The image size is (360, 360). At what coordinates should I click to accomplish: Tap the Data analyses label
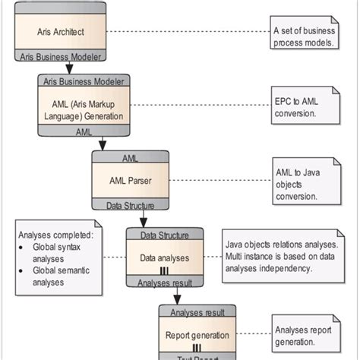pos(164,257)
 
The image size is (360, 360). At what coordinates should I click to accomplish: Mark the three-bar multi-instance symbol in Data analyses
pos(164,270)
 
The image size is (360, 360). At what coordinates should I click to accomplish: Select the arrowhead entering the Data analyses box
pos(141,222)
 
